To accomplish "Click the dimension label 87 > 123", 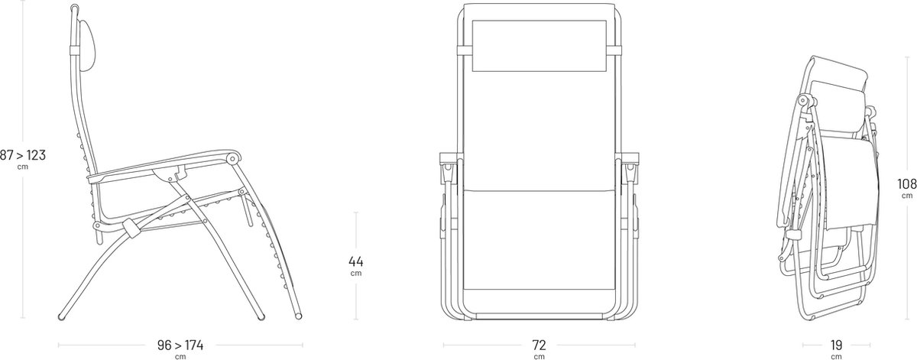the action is pyautogui.click(x=23, y=155).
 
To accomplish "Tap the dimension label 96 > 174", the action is pyautogui.click(x=180, y=345).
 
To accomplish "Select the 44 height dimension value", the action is pyautogui.click(x=356, y=261).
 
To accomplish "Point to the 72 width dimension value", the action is pyautogui.click(x=540, y=345).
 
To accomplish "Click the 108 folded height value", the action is pyautogui.click(x=906, y=184).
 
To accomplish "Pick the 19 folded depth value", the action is pyautogui.click(x=836, y=345).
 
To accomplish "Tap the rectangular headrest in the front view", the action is pyautogui.click(x=539, y=46).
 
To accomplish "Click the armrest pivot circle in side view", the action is pyautogui.click(x=232, y=158).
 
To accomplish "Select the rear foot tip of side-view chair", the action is pyautogui.click(x=62, y=316).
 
